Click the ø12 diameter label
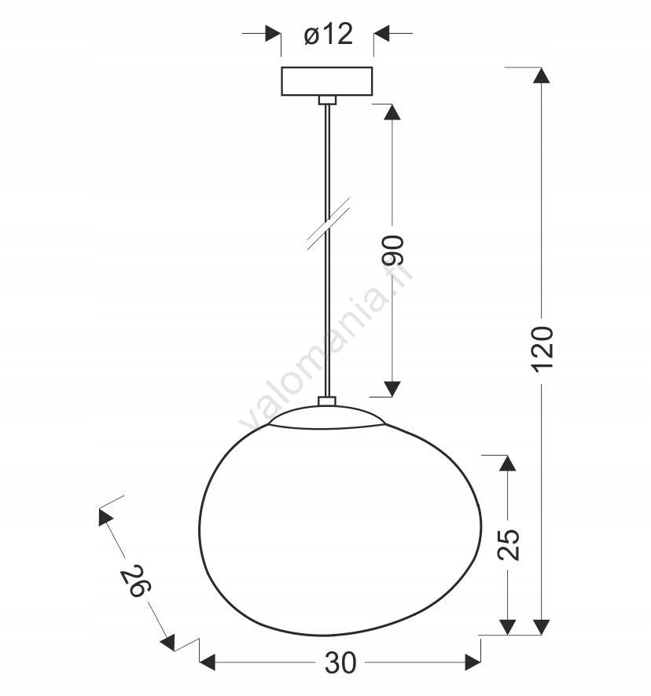[x=329, y=34]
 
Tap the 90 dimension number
[x=393, y=251]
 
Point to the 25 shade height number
[x=509, y=544]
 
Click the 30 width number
[x=340, y=663]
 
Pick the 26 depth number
[x=136, y=581]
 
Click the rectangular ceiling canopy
[x=327, y=81]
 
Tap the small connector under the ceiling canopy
[x=328, y=100]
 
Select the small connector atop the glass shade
[x=327, y=401]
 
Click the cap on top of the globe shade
[x=326, y=417]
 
